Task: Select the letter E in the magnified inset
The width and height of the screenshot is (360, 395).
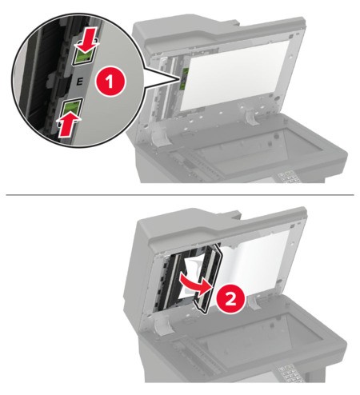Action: [77, 81]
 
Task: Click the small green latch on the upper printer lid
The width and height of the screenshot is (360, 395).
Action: [184, 77]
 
